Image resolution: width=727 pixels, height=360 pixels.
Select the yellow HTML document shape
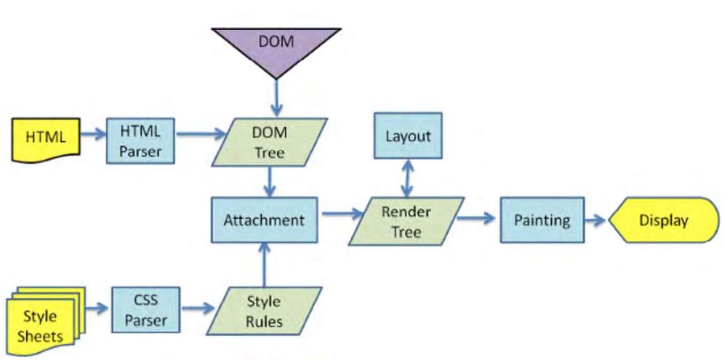click(x=46, y=140)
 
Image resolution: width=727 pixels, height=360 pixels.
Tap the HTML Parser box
click(x=140, y=140)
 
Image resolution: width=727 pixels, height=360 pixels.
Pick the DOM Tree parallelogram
click(x=270, y=142)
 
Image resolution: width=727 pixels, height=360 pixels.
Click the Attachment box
click(x=265, y=220)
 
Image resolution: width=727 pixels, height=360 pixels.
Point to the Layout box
click(x=408, y=135)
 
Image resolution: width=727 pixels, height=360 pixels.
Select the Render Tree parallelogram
click(x=406, y=221)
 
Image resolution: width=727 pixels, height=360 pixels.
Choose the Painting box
click(x=542, y=220)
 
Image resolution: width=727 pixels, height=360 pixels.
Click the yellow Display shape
click(x=664, y=220)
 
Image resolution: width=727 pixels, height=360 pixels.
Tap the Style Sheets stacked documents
click(x=46, y=321)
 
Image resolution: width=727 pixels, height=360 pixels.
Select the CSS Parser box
click(x=145, y=309)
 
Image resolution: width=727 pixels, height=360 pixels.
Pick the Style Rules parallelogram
click(x=265, y=311)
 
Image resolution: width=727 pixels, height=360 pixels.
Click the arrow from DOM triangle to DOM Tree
click(x=277, y=97)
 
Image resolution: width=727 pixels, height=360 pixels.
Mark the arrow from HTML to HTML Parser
click(x=93, y=135)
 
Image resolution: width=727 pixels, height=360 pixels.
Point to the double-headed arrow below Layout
click(x=407, y=178)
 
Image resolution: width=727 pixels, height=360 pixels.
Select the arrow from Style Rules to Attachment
click(x=265, y=265)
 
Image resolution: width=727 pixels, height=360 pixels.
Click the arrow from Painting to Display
click(x=595, y=220)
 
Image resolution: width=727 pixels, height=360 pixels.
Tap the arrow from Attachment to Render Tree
click(x=342, y=214)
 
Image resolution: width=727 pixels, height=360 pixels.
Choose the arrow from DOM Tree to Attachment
click(x=270, y=181)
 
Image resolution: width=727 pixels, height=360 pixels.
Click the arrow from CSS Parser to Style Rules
click(x=198, y=308)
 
